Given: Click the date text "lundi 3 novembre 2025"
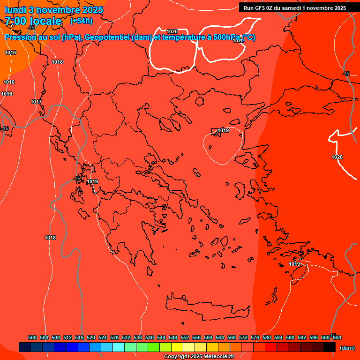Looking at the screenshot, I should [x=53, y=10].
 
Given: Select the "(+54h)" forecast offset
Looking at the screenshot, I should [x=81, y=21].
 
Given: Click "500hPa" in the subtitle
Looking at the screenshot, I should [x=226, y=37].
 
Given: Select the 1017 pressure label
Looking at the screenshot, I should [x=36, y=102].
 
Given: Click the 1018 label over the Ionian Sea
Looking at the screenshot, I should [x=50, y=238].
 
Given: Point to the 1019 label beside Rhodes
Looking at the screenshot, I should [x=294, y=264].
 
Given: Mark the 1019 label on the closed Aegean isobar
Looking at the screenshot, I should [x=223, y=130].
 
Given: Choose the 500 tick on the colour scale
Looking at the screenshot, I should [x=32, y=337].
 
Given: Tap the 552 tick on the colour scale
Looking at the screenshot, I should [x=185, y=337].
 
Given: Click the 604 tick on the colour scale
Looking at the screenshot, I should [x=337, y=337].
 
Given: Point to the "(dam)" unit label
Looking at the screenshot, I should [x=347, y=347].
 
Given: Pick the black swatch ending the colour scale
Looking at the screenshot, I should [x=330, y=347].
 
